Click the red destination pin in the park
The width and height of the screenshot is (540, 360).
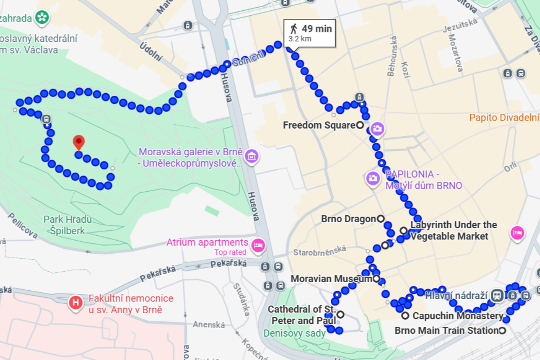point(79,142)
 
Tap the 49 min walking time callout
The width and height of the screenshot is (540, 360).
point(310,33)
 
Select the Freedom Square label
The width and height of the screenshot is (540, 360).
point(319,125)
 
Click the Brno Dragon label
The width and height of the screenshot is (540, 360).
point(348,219)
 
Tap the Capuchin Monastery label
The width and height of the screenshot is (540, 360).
point(457,316)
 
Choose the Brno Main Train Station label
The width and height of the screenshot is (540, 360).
point(446,331)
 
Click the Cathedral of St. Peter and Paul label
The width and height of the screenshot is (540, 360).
point(301,315)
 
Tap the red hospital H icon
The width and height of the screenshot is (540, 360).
point(75,302)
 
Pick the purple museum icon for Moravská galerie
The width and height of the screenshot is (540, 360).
point(252,157)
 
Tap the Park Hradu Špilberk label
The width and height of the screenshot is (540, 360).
point(67,225)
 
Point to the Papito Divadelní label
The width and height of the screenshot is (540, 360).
point(504,118)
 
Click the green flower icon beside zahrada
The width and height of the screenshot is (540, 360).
point(42,18)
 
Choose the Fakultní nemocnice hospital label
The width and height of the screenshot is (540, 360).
point(131,304)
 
